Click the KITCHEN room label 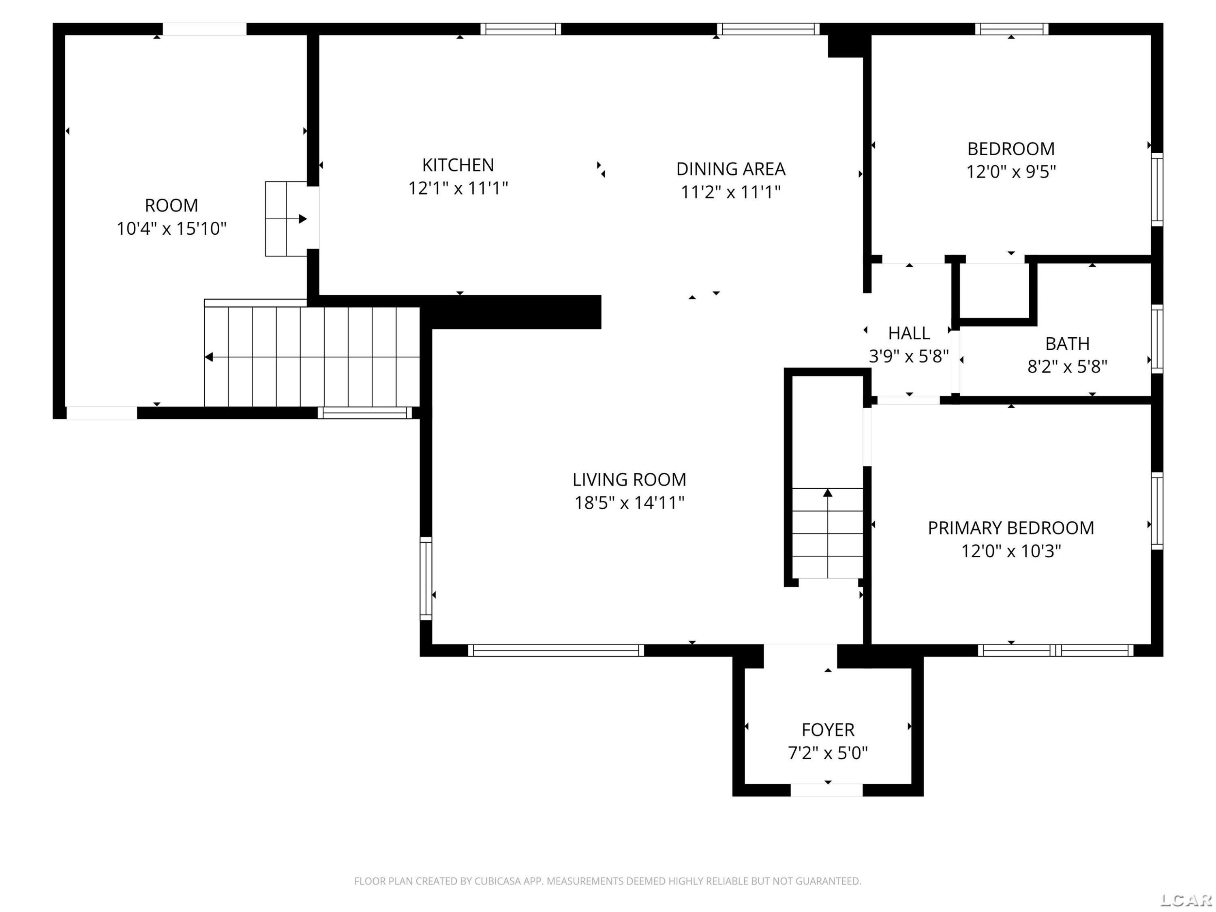click(x=458, y=165)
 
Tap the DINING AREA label click(x=730, y=169)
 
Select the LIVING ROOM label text click(x=629, y=480)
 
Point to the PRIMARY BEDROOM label click(x=1011, y=528)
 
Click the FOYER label click(x=828, y=730)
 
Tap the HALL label click(x=909, y=333)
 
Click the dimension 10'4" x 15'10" click(x=171, y=229)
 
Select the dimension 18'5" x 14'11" click(x=629, y=503)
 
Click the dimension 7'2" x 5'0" click(x=828, y=753)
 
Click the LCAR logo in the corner click(x=1186, y=900)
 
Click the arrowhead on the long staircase click(x=209, y=358)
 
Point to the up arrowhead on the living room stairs click(x=827, y=492)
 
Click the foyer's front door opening click(x=827, y=790)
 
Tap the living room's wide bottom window click(x=556, y=650)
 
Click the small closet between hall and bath click(x=995, y=291)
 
